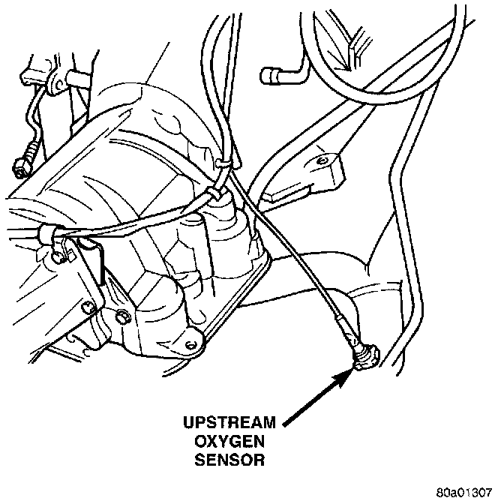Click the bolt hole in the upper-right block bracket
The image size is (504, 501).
coord(322,160)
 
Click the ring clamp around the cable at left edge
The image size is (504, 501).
coord(49,235)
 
